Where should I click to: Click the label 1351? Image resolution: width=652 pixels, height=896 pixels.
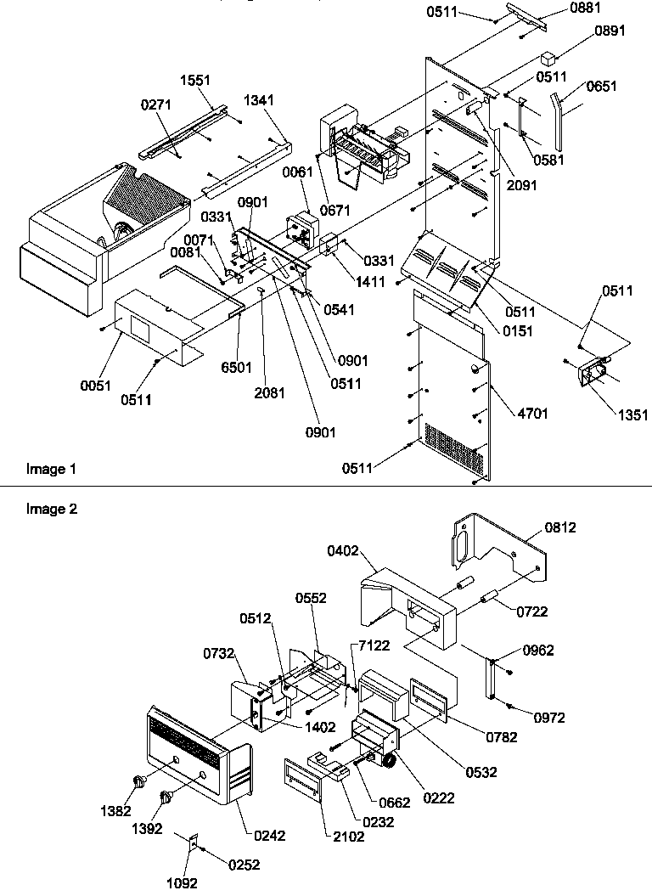(x=634, y=415)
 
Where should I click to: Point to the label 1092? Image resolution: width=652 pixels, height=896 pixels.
(x=182, y=882)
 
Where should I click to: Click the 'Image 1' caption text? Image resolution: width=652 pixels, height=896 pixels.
(x=51, y=469)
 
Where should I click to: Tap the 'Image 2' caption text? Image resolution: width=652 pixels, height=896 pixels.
(x=51, y=510)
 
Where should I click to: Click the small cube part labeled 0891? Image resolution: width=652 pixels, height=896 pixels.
(x=548, y=59)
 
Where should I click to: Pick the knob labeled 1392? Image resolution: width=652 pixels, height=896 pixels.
(x=166, y=797)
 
